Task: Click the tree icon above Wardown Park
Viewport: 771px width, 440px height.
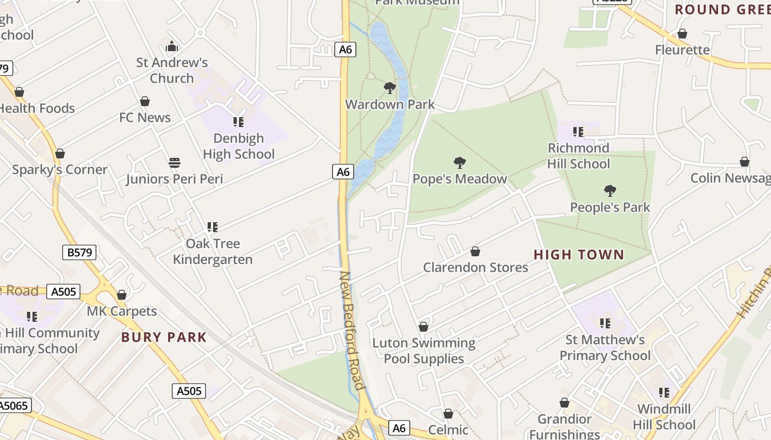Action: tap(390, 88)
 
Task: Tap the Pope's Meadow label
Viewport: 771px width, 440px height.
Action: tap(459, 179)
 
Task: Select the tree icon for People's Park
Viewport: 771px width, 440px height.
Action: tap(610, 191)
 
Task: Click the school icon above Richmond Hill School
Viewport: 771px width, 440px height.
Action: tap(578, 132)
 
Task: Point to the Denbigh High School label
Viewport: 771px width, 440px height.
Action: tap(238, 146)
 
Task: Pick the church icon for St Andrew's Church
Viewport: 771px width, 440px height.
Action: tap(172, 47)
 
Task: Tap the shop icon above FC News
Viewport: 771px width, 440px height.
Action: tap(145, 101)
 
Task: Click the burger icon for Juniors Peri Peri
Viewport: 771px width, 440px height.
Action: tap(175, 163)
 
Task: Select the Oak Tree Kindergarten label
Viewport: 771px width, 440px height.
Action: tap(213, 251)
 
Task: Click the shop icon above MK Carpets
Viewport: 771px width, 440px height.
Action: tap(122, 295)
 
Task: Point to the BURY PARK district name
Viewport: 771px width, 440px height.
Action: tap(164, 338)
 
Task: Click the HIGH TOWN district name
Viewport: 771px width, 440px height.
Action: tap(579, 255)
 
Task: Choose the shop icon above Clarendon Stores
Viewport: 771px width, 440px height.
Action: tap(475, 252)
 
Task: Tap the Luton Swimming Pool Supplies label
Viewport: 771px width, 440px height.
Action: tap(423, 351)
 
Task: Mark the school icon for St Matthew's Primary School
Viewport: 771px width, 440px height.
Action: tap(605, 323)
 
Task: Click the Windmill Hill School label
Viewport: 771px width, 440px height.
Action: tap(664, 417)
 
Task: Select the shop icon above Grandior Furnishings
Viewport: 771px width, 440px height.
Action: tap(564, 403)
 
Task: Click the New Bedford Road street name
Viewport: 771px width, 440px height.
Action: tap(352, 330)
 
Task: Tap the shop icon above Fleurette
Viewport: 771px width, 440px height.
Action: tap(682, 34)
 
